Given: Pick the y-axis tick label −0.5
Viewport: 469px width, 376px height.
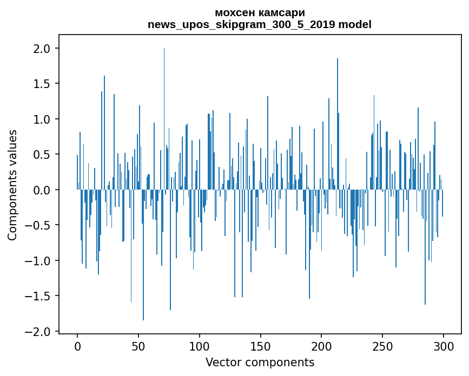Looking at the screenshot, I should click(38, 225).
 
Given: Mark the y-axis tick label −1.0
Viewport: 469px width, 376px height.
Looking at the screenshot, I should click(38, 261).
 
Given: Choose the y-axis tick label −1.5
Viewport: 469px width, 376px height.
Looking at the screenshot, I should click(38, 296).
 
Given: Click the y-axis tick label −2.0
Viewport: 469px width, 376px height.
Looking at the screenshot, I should click(38, 332).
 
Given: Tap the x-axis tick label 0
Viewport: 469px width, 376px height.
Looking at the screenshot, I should click(77, 346).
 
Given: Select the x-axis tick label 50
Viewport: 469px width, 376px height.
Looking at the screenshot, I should click(138, 346).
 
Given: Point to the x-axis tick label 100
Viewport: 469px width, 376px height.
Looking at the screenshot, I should click(200, 346).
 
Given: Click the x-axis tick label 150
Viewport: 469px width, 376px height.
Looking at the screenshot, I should click(260, 346).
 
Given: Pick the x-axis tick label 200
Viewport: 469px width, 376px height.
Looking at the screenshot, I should click(321, 346).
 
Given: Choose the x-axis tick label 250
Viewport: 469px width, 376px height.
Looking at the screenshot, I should click(382, 346).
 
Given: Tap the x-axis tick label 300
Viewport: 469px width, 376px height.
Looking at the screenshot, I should click(444, 346).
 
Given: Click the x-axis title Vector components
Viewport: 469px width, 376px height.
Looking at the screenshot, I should click(260, 362).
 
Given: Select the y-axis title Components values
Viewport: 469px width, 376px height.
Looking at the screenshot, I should click(12, 185).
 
